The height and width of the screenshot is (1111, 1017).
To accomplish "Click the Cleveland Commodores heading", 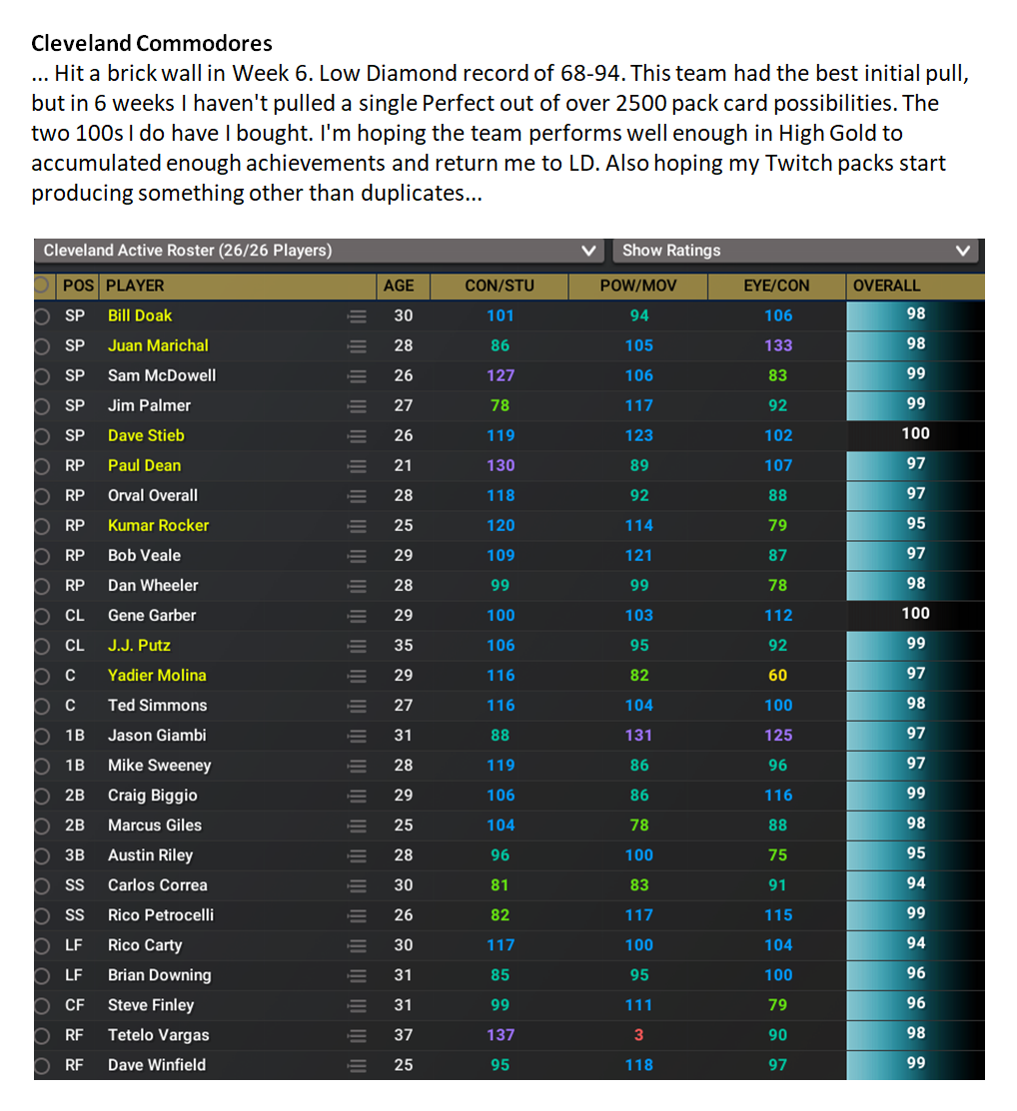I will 152,44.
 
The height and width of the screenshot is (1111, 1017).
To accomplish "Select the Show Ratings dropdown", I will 795,251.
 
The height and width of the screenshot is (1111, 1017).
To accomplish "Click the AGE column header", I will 399,285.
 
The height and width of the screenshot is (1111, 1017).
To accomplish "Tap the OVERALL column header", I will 886,285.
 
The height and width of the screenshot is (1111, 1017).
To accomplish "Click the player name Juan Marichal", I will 158,345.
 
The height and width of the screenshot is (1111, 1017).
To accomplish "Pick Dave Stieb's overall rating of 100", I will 915,433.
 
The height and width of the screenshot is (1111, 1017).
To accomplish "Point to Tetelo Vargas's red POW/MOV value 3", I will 639,1035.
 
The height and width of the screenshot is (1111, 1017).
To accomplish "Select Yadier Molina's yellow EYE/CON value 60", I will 777,675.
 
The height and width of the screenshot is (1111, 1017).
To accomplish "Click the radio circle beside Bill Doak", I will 41,316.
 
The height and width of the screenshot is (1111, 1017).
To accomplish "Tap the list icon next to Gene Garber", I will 357,616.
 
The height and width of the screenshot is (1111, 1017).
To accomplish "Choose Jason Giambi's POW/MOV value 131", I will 638,735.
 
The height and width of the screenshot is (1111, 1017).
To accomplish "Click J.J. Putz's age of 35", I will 403,645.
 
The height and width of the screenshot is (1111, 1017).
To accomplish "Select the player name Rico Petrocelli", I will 161,914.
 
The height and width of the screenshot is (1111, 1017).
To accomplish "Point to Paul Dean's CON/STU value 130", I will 501,465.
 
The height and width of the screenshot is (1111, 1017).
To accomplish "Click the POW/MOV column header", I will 638,285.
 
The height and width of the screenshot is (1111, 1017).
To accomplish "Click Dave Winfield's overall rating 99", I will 915,1063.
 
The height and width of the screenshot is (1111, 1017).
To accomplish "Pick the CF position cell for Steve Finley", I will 75,1005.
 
